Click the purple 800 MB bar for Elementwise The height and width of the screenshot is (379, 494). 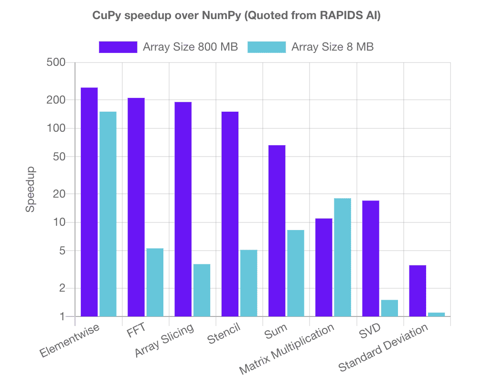point(89,201)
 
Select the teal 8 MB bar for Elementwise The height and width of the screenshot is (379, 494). point(108,214)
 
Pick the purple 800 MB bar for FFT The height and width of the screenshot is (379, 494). point(136,207)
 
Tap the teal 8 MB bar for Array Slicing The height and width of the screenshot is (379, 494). point(202,290)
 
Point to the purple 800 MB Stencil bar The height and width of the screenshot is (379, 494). point(230,214)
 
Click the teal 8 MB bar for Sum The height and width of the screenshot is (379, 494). point(295,273)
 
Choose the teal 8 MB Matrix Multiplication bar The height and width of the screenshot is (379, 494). point(343,257)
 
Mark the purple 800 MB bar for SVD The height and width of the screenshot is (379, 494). point(371,258)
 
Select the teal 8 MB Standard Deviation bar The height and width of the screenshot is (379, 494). point(437,314)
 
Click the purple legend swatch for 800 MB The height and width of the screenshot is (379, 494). point(118,47)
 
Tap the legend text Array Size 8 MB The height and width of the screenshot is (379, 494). point(333,47)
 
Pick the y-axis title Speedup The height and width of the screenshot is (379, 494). point(31,189)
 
